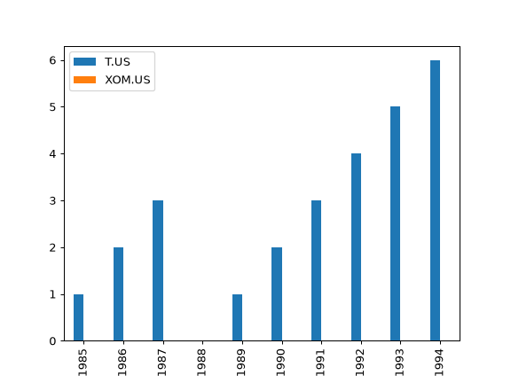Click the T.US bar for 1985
click(x=79, y=317)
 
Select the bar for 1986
click(x=118, y=294)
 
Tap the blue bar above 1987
click(x=158, y=270)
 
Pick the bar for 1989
click(x=237, y=317)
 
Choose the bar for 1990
click(x=277, y=294)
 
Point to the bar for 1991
click(x=317, y=270)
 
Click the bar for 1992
click(x=357, y=247)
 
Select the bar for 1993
click(x=396, y=223)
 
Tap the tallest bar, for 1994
click(x=435, y=200)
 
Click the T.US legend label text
click(x=117, y=62)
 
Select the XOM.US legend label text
click(x=128, y=80)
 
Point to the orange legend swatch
click(x=85, y=80)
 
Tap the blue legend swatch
click(x=85, y=61)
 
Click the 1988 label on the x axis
click(x=201, y=363)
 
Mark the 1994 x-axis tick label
click(x=439, y=363)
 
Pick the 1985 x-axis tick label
click(x=83, y=363)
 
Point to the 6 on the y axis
click(x=53, y=60)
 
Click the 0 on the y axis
click(x=53, y=341)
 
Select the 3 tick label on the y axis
click(x=53, y=201)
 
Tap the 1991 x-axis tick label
click(x=320, y=363)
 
